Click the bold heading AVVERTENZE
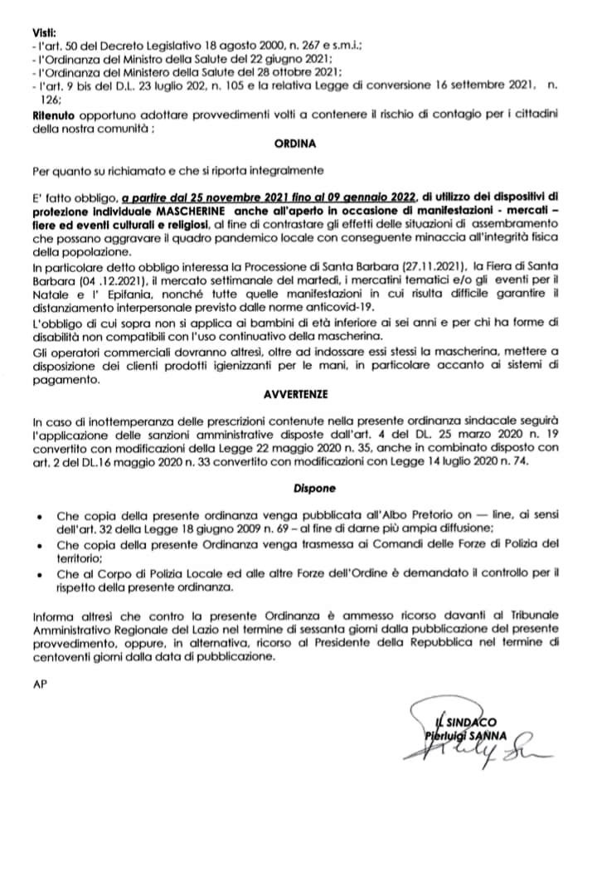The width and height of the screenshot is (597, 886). point(297,397)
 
